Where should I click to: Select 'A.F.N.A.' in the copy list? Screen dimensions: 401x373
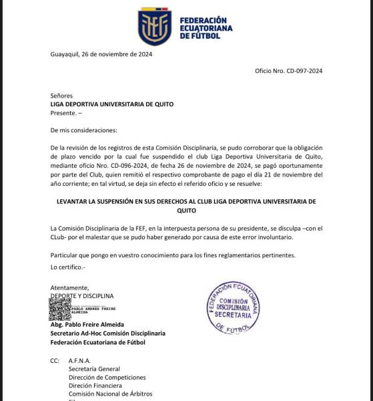coord(79,360)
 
